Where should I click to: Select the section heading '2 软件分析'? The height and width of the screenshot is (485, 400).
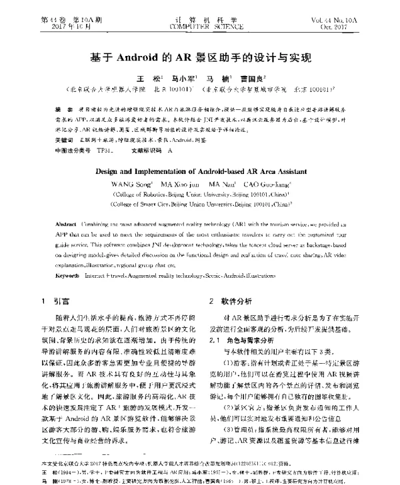point(230,301)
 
